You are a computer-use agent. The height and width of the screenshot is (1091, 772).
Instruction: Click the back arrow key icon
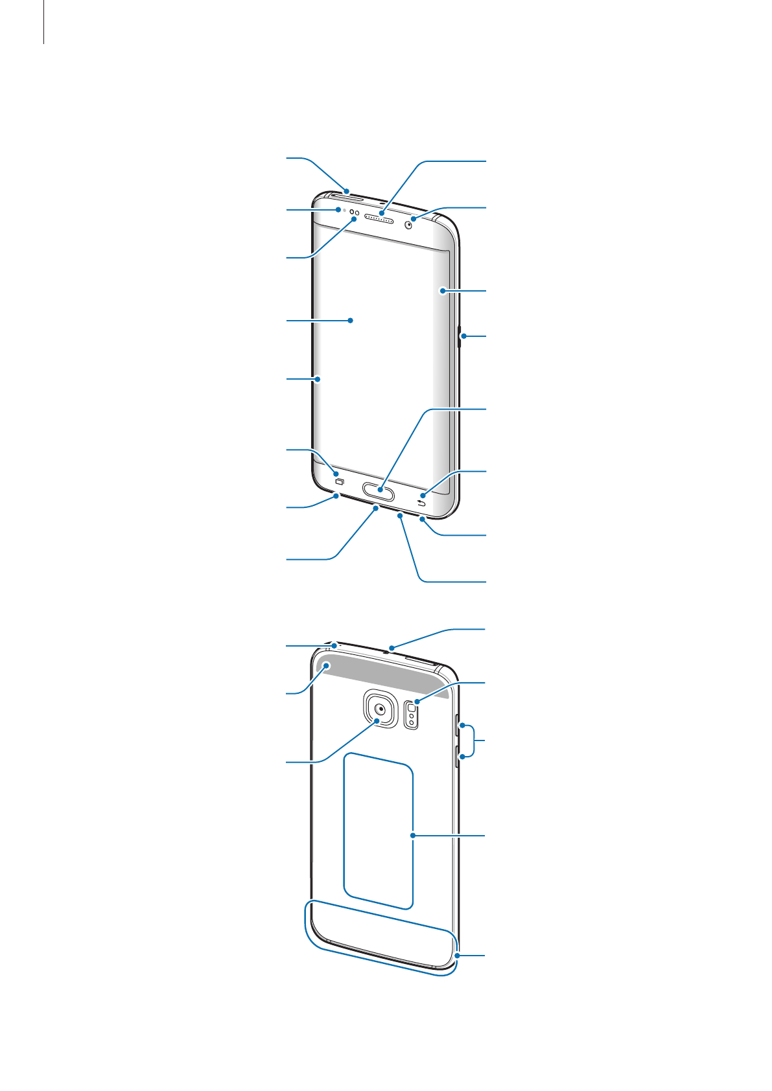(423, 504)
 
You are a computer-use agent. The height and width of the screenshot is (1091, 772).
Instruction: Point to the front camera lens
(409, 225)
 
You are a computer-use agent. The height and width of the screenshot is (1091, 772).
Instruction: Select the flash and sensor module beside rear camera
(411, 714)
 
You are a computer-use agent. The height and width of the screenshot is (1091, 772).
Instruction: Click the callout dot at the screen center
(351, 320)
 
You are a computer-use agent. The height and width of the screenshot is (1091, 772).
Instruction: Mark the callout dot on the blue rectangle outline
(413, 836)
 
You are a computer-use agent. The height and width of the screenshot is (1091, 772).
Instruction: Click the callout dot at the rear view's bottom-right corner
(458, 956)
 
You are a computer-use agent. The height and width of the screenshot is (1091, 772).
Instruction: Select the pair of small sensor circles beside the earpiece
(355, 212)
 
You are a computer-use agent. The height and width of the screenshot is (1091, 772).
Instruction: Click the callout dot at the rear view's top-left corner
(334, 645)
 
